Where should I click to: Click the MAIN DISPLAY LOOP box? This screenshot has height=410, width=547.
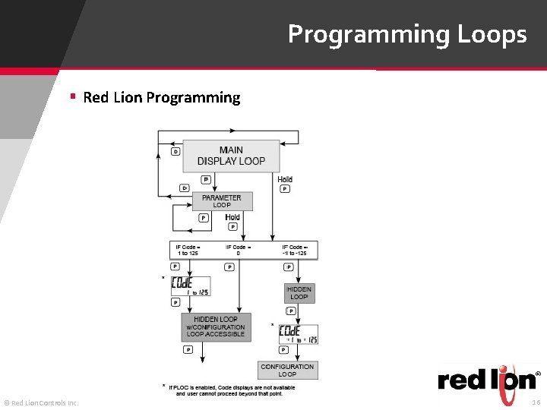coord(231,156)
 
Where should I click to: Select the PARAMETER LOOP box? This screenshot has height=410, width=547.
coord(222,201)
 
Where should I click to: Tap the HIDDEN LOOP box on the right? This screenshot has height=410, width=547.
coord(299,293)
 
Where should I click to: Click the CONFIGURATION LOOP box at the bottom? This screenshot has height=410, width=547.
coord(287,371)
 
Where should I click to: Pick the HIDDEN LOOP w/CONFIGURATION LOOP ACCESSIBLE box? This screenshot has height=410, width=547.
coord(216,327)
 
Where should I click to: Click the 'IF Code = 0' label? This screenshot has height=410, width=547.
coord(238,250)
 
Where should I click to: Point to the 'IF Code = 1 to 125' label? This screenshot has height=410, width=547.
coord(188,250)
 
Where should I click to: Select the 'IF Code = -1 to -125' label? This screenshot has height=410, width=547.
coord(295,250)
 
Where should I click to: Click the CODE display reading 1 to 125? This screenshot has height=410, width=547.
coord(191,285)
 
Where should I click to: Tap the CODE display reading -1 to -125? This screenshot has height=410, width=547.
coord(299,334)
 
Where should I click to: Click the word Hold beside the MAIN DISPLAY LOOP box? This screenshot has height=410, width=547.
coord(285,179)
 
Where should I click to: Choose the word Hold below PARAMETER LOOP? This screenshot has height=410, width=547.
coord(232,217)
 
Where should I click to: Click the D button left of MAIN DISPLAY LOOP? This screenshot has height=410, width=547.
coord(175,151)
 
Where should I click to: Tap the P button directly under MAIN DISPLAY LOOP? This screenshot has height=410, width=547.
coord(205,180)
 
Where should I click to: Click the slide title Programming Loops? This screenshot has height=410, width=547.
coord(406,34)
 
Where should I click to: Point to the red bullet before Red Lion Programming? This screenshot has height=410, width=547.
coord(73,96)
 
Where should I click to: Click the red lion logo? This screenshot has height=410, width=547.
coord(486,379)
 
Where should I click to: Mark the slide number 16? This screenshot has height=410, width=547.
coord(536,402)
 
